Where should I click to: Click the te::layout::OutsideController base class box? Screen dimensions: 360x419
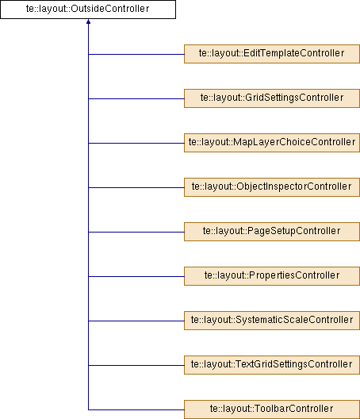88,10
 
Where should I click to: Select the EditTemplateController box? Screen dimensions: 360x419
272,54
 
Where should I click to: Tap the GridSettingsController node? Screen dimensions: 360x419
272,98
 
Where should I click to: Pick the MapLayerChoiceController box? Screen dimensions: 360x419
272,143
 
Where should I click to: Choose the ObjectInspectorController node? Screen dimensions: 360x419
272,187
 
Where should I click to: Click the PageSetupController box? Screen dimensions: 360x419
272,232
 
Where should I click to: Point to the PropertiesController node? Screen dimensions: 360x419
272,276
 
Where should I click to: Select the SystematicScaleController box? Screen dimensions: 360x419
272,321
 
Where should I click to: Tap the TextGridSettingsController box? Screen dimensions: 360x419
272,365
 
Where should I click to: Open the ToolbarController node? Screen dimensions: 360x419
272,409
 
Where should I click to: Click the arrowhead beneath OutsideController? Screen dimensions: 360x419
88,21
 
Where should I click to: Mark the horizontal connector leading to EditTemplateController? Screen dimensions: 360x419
136,54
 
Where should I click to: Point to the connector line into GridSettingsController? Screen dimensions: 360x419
136,98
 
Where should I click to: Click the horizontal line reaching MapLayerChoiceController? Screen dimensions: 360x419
136,143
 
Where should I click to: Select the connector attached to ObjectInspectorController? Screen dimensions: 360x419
136,187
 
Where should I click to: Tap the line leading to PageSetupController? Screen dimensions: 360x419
136,232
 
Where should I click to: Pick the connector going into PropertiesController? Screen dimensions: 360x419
136,276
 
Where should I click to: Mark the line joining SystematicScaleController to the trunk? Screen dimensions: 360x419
136,321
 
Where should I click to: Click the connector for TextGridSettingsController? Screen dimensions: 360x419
136,365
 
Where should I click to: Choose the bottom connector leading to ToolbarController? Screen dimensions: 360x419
136,409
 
